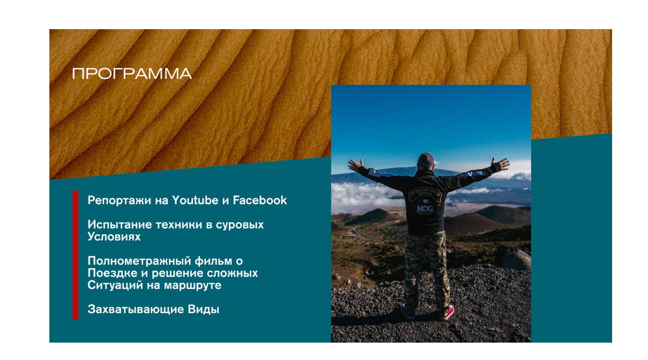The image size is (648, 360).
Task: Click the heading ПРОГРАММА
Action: [132, 74]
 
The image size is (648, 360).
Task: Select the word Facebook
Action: [260, 200]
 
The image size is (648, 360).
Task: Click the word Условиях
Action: [114, 237]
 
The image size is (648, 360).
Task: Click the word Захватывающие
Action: [136, 310]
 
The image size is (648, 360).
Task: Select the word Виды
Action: [203, 310]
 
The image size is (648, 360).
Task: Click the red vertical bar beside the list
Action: [75, 255]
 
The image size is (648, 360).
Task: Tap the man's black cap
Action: [426, 159]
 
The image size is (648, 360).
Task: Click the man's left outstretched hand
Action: [355, 165]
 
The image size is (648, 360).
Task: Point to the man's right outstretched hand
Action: [500, 164]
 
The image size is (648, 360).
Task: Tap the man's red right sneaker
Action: [447, 313]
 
